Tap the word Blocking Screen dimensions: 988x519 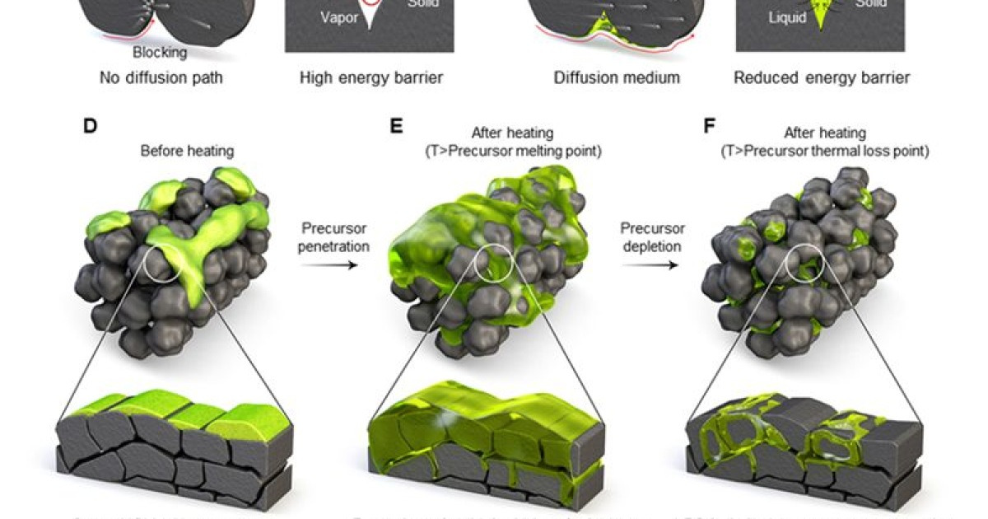click(x=161, y=53)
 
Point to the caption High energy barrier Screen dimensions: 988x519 click(x=371, y=78)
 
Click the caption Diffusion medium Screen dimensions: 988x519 click(x=617, y=78)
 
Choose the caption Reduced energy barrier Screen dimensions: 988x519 click(x=822, y=78)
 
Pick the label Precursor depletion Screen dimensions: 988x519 click(x=648, y=236)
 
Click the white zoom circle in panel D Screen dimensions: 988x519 click(x=160, y=265)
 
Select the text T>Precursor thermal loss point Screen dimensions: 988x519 click(x=825, y=151)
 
